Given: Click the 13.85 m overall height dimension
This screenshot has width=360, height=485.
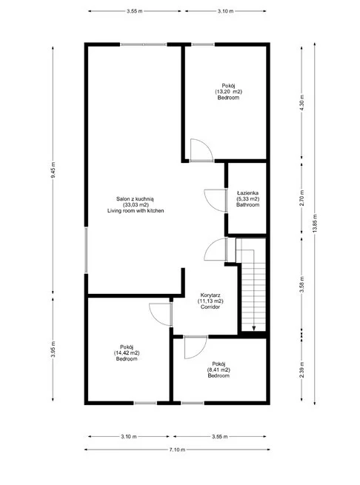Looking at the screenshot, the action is click(x=315, y=224).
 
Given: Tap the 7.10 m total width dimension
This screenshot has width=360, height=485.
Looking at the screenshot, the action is click(x=177, y=449).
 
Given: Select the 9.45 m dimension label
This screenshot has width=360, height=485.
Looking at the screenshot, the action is click(x=53, y=170).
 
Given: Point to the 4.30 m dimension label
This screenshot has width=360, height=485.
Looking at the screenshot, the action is click(x=301, y=102).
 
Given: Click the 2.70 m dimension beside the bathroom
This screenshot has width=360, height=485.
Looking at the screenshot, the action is click(x=301, y=198).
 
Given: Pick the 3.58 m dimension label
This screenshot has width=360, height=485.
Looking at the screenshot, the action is click(x=301, y=284).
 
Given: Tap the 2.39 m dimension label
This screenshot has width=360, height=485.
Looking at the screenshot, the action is click(x=301, y=369).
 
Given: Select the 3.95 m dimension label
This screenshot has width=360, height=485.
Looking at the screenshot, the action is click(x=53, y=349).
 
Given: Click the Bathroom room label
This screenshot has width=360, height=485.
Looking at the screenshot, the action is click(x=247, y=205).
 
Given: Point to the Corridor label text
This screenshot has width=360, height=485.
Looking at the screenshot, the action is click(x=210, y=307).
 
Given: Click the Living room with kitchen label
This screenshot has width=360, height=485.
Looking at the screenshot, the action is click(x=136, y=210).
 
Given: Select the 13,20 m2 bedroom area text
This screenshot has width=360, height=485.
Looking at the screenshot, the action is click(x=228, y=92).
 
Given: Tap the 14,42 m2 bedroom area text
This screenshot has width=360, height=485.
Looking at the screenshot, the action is click(x=127, y=353).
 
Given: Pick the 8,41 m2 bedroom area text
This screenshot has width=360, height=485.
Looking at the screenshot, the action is click(x=219, y=369).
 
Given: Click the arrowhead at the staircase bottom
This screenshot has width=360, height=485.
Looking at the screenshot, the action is click(x=254, y=329).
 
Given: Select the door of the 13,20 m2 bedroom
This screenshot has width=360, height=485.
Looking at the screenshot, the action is click(x=201, y=150).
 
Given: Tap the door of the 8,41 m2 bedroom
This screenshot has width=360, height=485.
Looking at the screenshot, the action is click(x=196, y=347).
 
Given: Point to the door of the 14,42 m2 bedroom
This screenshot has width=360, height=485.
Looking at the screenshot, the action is click(x=160, y=315).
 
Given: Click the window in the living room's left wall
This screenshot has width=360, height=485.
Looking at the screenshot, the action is click(x=86, y=250).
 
